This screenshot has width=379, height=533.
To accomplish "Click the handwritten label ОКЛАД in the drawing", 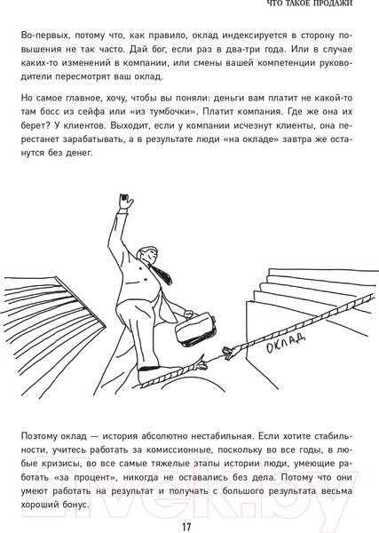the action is point(285,339).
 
